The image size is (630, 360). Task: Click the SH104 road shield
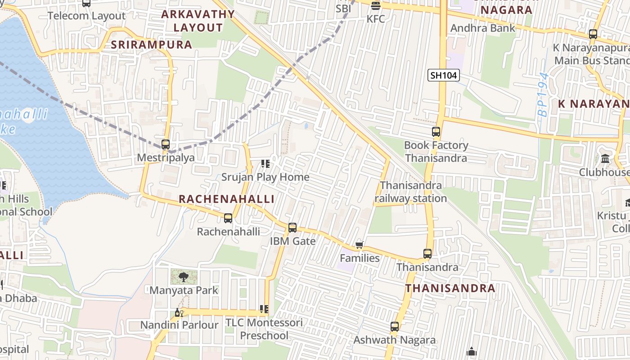(443, 75)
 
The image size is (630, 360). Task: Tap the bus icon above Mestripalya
(166, 144)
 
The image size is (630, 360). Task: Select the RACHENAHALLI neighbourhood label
(226, 199)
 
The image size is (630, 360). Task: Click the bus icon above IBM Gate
(292, 228)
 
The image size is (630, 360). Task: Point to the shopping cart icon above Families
(359, 245)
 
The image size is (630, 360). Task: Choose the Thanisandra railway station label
(411, 192)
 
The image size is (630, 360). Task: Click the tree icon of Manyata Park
(183, 277)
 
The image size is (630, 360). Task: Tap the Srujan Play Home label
(265, 177)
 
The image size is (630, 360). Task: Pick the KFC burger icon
(376, 6)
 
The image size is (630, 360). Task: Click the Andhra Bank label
(483, 28)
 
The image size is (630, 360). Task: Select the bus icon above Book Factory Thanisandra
(436, 132)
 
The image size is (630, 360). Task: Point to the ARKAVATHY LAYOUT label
(198, 21)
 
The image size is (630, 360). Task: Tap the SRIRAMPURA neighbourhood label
(151, 45)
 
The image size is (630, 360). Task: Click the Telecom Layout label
(86, 16)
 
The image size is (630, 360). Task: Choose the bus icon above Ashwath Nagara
(395, 327)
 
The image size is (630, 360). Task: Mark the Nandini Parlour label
(180, 325)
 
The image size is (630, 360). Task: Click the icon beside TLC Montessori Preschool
(264, 309)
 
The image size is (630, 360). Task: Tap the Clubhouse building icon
(605, 159)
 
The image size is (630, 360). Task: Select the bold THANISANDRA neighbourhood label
(450, 288)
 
